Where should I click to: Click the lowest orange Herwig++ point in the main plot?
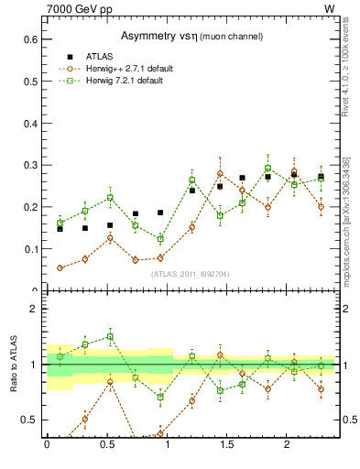[x=60, y=267]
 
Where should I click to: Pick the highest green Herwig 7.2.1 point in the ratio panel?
[x=109, y=336]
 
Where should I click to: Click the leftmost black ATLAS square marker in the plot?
[x=60, y=229]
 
